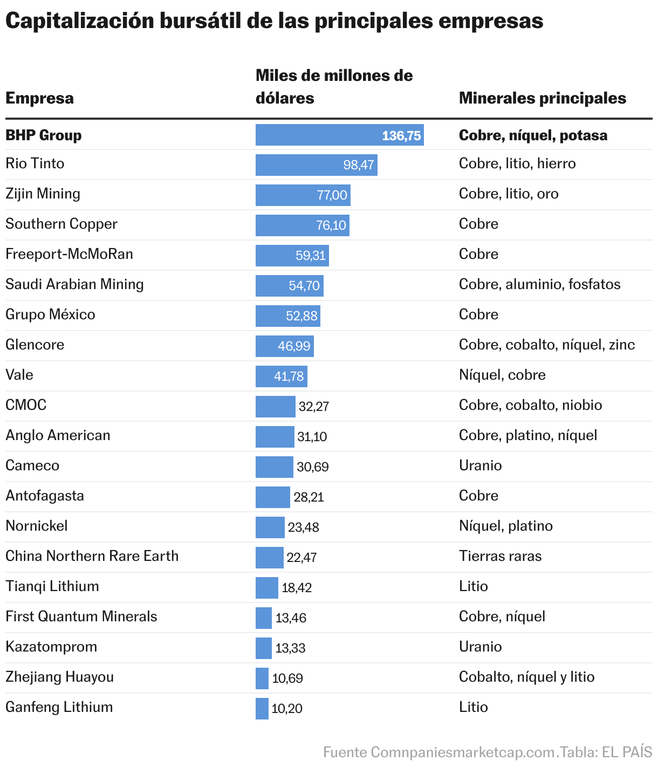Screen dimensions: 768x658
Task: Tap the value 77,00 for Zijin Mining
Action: click(x=332, y=195)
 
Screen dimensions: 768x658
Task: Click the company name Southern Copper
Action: click(x=61, y=224)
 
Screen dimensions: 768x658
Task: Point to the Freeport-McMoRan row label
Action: click(x=69, y=254)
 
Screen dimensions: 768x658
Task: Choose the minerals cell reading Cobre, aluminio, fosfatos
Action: click(x=539, y=284)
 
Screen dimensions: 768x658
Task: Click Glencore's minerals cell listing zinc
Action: click(x=546, y=345)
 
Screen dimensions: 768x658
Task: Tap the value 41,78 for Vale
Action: click(x=289, y=376)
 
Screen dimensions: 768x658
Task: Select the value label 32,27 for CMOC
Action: click(x=314, y=407)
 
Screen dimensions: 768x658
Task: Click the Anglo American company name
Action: click(x=58, y=435)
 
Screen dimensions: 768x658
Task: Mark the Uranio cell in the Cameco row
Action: click(x=480, y=465)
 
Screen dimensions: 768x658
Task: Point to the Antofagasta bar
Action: click(x=272, y=497)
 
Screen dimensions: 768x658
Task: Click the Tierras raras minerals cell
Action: click(x=500, y=556)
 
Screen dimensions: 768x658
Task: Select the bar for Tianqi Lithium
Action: click(x=266, y=588)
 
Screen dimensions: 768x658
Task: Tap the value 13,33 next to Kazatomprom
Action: click(x=290, y=648)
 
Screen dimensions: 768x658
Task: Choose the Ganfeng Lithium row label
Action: click(x=59, y=707)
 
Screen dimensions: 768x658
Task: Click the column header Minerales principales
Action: click(x=542, y=98)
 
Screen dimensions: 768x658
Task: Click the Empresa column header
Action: click(x=39, y=98)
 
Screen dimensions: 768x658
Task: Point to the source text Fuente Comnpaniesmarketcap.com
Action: click(x=439, y=752)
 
